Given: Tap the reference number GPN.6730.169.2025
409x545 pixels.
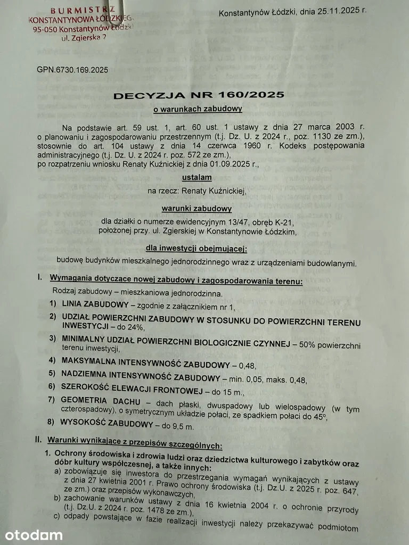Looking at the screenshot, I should [x=72, y=69].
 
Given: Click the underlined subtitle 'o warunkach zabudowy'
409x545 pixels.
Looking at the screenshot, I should [x=198, y=109].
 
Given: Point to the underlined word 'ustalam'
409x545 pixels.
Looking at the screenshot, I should [x=198, y=177].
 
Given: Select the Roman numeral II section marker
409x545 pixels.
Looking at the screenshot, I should [x=38, y=440].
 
